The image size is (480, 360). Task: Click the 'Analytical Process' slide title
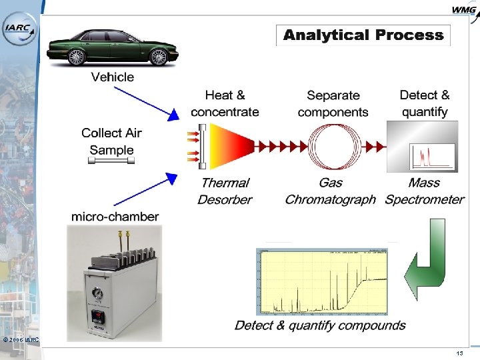363,35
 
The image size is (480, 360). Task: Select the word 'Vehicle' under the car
112,77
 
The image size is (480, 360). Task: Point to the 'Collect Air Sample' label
111,141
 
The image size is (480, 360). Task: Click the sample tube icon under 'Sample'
111,160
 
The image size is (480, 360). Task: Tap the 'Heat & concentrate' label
225,104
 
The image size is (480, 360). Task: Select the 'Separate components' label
333,104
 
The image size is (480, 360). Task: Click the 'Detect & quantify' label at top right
425,103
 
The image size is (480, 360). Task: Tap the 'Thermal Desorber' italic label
225,191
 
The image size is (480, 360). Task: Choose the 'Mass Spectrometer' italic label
425,191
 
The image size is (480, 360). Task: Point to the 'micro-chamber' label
115,217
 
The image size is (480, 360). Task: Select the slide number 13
459,353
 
